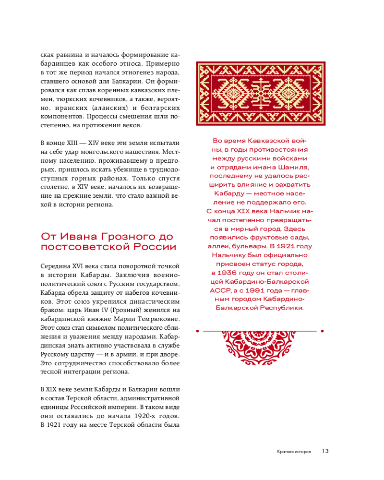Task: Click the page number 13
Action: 325,451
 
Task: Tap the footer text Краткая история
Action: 294,452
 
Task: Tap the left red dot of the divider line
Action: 197,331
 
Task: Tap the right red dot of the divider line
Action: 322,331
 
